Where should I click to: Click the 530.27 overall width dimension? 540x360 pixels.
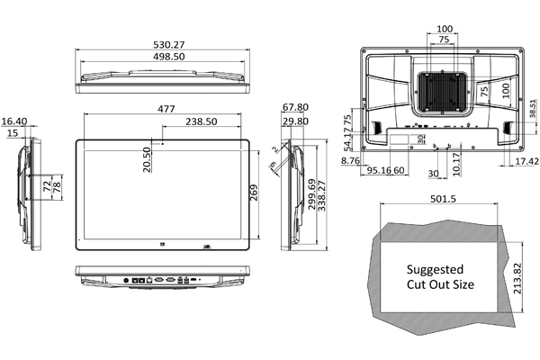(x=162, y=44)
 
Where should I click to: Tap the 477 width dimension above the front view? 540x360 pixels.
(x=166, y=108)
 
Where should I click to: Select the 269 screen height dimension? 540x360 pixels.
(x=254, y=192)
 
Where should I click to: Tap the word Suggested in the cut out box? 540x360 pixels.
(x=435, y=269)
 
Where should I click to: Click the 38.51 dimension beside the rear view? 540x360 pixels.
(x=532, y=106)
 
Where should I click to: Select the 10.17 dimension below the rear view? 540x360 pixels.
(x=456, y=162)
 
